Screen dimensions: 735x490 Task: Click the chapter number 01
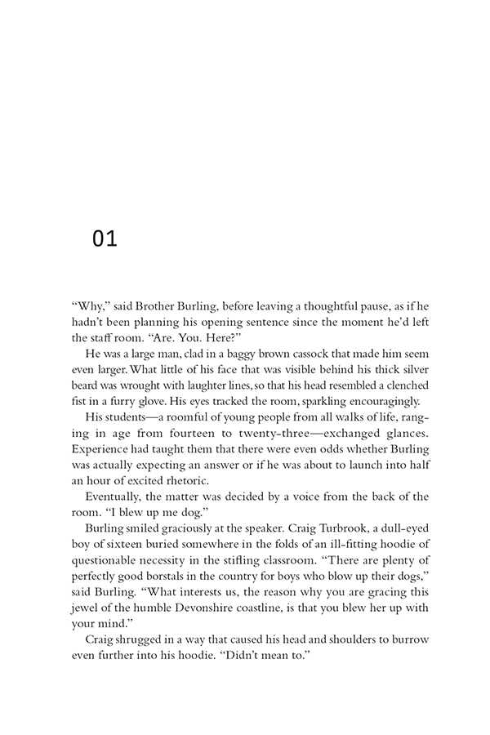click(x=105, y=239)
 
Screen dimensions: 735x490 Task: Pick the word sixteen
click(x=114, y=542)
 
